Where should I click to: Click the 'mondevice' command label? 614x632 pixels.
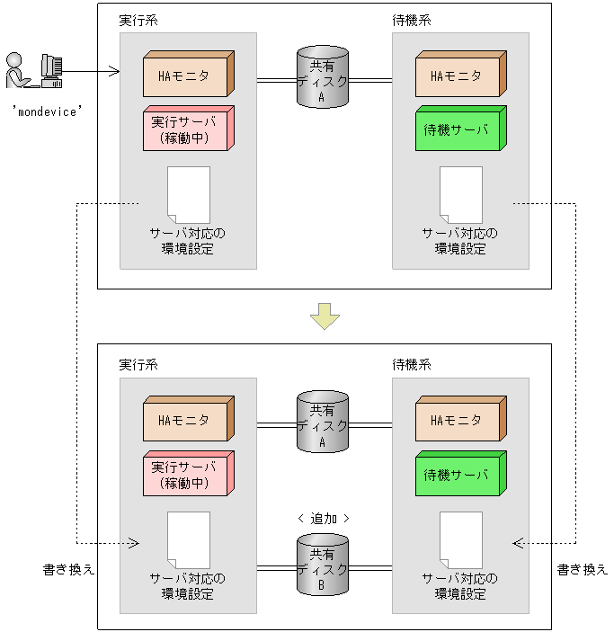pos(49,112)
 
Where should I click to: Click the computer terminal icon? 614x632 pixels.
pos(52,70)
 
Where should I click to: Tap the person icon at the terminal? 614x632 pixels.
pos(15,72)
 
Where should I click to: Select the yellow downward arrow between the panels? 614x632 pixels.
pos(324,315)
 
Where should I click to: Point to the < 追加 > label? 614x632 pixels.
pos(323,518)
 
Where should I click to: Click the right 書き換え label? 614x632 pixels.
pos(582,569)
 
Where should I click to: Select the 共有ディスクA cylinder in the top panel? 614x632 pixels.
pos(323,79)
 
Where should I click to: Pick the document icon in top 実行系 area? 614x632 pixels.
pos(189,194)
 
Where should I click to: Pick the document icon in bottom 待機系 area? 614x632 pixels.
pos(460,539)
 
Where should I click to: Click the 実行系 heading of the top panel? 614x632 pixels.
pos(138,20)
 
